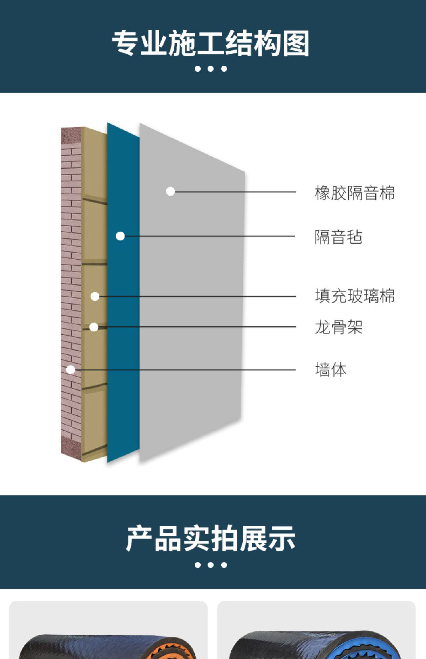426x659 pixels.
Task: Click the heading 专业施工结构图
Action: click(x=210, y=43)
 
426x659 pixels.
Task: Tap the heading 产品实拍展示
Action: click(x=210, y=538)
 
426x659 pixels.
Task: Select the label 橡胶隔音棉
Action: click(x=354, y=193)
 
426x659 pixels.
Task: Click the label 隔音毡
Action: click(x=338, y=237)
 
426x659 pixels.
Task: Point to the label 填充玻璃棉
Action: click(x=354, y=296)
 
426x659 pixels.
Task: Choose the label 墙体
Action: click(x=331, y=370)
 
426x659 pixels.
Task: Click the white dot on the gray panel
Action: click(x=170, y=191)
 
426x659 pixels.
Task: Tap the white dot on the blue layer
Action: click(x=120, y=236)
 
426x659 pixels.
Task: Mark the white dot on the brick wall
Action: click(x=71, y=370)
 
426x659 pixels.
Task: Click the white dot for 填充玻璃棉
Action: click(x=95, y=296)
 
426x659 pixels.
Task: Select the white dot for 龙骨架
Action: click(x=94, y=327)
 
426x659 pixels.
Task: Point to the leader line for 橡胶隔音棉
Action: click(x=236, y=192)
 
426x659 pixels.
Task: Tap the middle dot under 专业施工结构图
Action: click(x=210, y=69)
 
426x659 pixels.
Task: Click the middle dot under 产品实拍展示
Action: click(x=210, y=565)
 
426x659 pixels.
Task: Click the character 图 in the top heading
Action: click(x=296, y=43)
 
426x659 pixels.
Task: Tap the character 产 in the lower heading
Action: click(x=139, y=538)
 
